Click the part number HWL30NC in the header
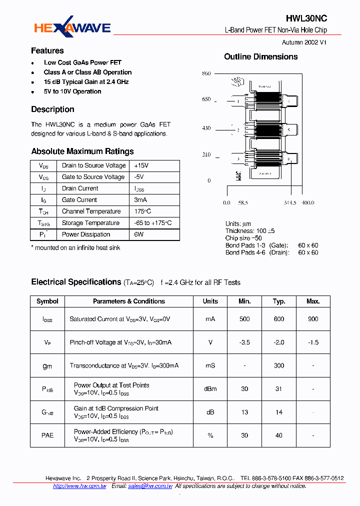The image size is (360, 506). (x=306, y=18)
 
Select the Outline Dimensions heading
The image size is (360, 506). (x=260, y=57)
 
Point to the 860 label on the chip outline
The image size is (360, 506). (x=206, y=73)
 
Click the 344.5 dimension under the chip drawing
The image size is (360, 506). (x=290, y=203)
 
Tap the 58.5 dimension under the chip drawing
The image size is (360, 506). (x=243, y=203)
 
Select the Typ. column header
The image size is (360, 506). (x=279, y=301)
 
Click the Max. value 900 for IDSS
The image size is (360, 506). (x=313, y=319)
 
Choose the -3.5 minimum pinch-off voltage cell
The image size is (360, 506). (x=244, y=342)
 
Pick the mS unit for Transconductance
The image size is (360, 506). (x=210, y=365)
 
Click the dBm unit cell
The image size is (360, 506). (x=210, y=389)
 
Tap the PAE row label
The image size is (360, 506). (x=47, y=435)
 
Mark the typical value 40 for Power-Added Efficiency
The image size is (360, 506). (x=279, y=435)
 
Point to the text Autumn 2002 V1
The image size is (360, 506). (x=304, y=43)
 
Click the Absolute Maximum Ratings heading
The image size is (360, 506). (x=82, y=151)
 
